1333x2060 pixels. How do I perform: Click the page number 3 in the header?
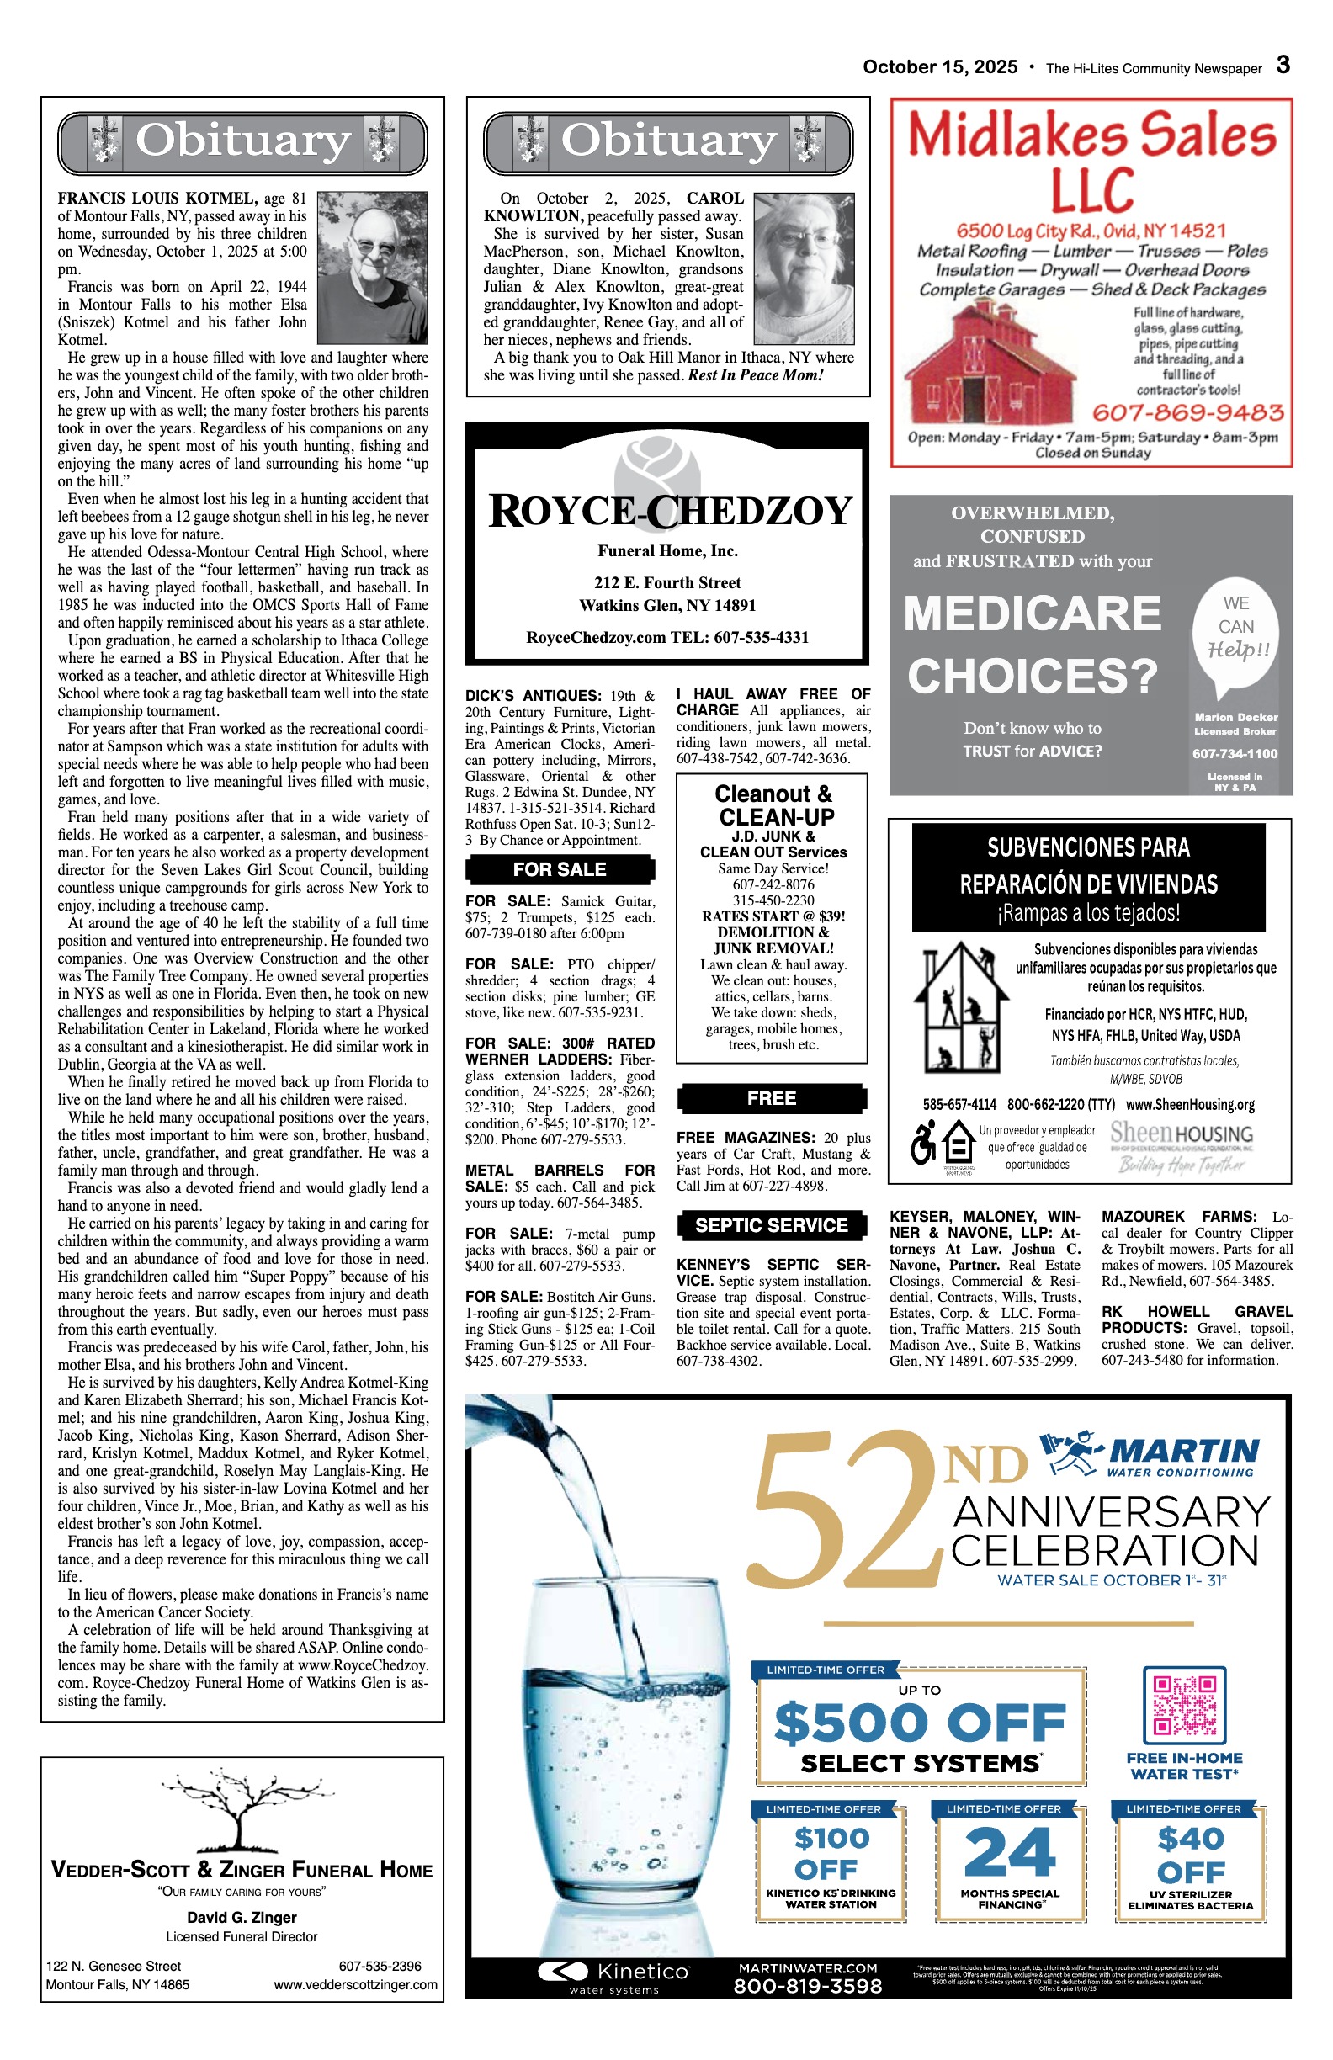1283,65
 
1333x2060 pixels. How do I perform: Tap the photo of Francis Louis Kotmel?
372,268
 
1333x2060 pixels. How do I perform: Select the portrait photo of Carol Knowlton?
805,268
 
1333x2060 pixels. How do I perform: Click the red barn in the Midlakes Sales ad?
990,362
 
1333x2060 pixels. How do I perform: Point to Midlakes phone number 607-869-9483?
1187,412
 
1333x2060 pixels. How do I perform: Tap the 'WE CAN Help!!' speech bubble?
1235,632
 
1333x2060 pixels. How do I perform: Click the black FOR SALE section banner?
559,869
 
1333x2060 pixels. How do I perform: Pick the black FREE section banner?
771,1098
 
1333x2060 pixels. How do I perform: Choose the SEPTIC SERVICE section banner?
771,1224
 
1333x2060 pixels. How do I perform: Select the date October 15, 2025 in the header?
940,67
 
